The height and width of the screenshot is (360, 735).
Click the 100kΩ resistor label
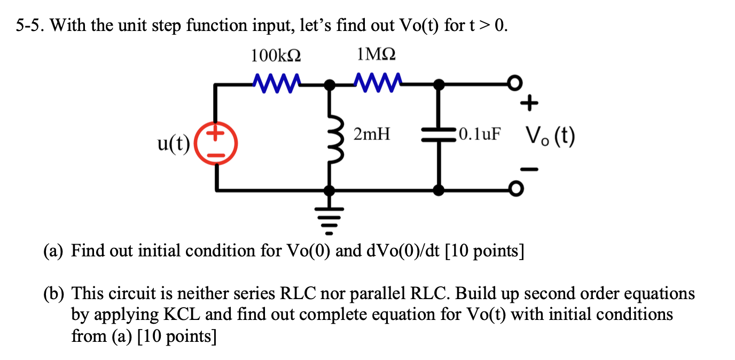click(x=275, y=56)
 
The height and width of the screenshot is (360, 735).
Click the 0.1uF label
click(x=480, y=135)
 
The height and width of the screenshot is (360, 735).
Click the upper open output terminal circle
click(x=515, y=83)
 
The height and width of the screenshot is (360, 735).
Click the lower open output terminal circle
click(x=515, y=189)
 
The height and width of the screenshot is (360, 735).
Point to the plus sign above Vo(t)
click(x=528, y=104)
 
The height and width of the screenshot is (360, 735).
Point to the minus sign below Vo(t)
click(x=528, y=169)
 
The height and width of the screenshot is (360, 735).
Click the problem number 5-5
click(x=31, y=25)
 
